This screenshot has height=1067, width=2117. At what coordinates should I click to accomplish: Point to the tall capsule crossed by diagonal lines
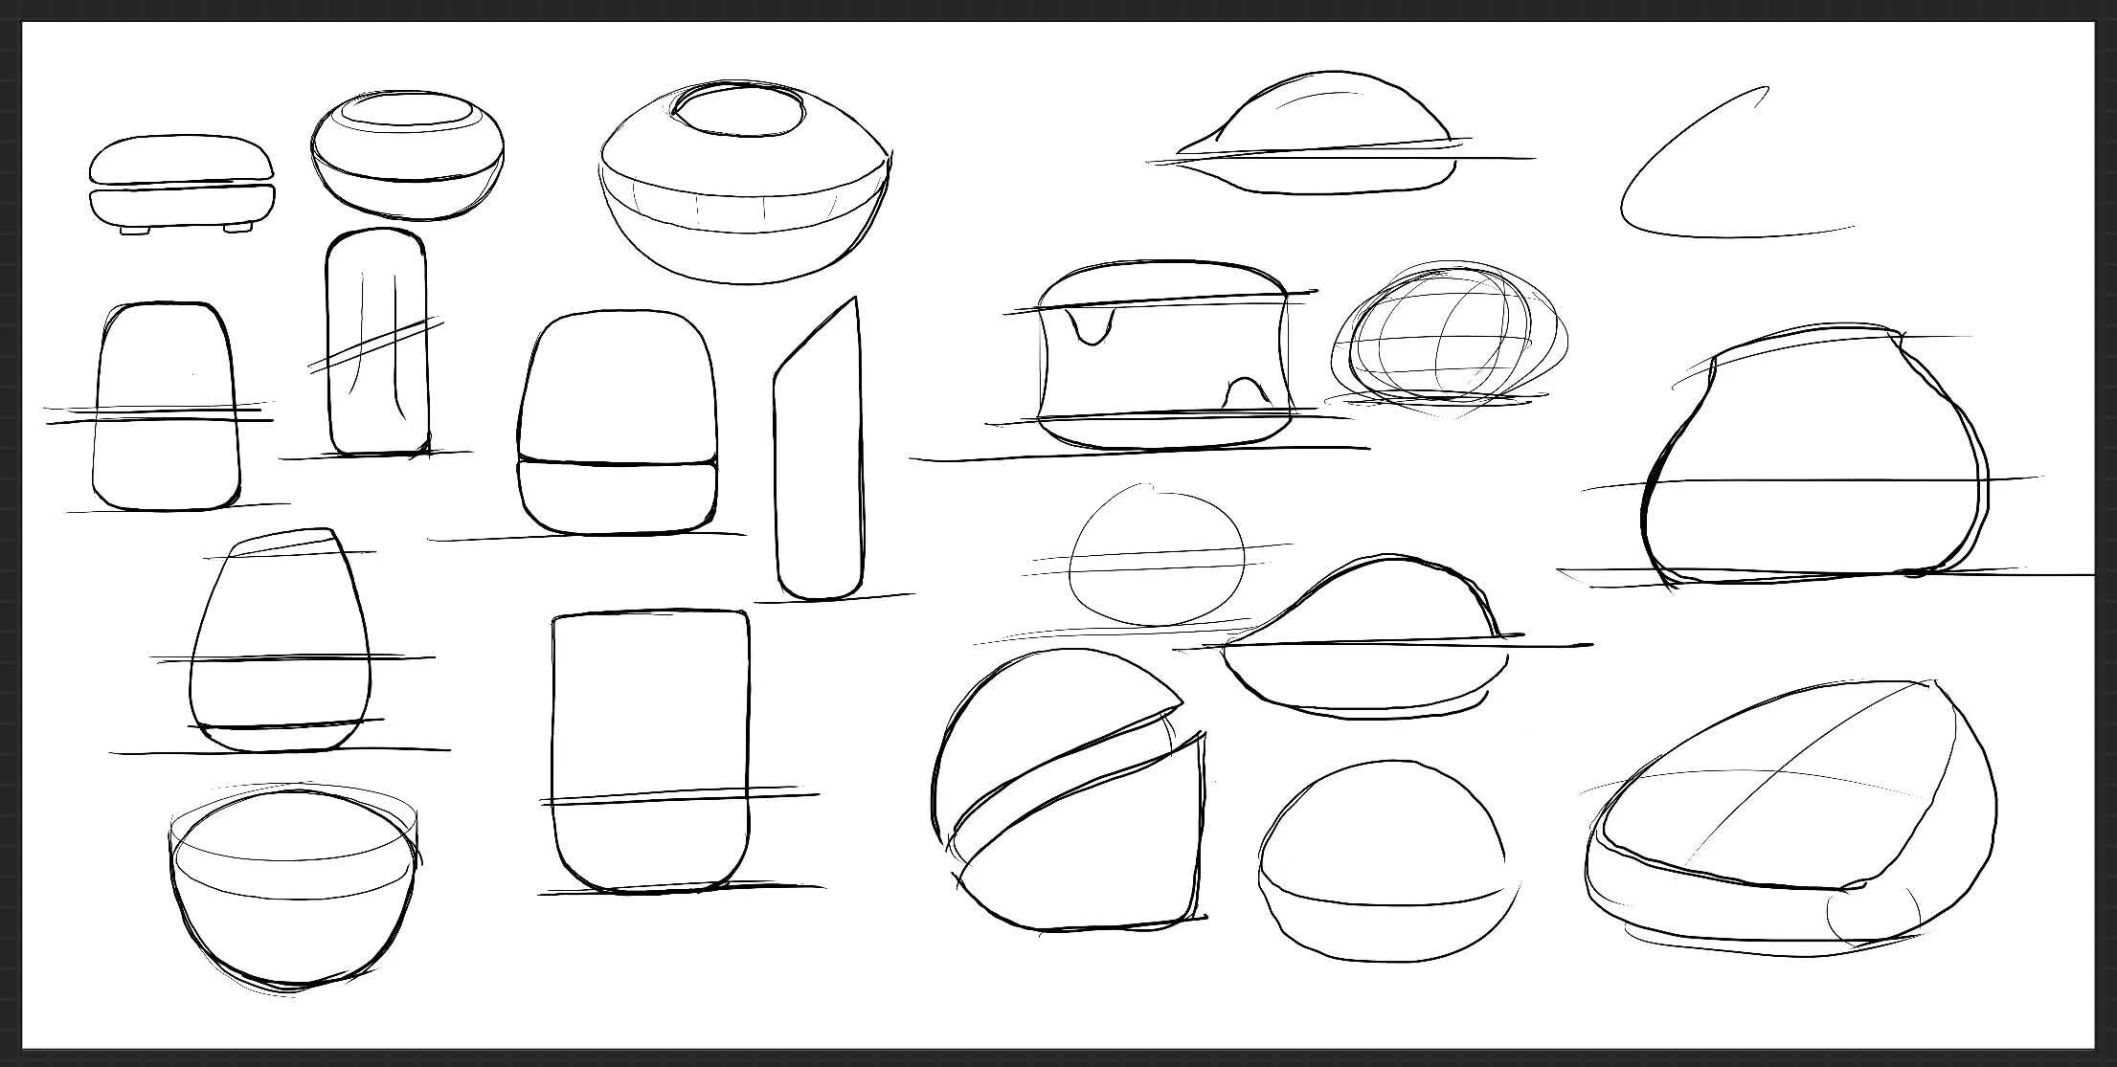(x=376, y=342)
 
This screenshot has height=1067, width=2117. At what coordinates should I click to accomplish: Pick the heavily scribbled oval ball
(x=1447, y=339)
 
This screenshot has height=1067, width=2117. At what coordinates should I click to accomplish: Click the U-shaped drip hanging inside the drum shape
(x=1092, y=326)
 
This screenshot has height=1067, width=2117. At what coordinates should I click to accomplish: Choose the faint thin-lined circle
(x=1157, y=555)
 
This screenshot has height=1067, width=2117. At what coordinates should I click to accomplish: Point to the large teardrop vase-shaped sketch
(x=1810, y=459)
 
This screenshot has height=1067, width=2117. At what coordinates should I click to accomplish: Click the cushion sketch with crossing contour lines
(x=1790, y=813)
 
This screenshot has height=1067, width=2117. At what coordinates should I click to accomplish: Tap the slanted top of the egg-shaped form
(x=284, y=541)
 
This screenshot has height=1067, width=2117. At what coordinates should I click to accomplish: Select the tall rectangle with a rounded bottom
(x=650, y=751)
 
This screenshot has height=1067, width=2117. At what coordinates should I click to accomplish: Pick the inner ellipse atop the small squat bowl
(x=407, y=111)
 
